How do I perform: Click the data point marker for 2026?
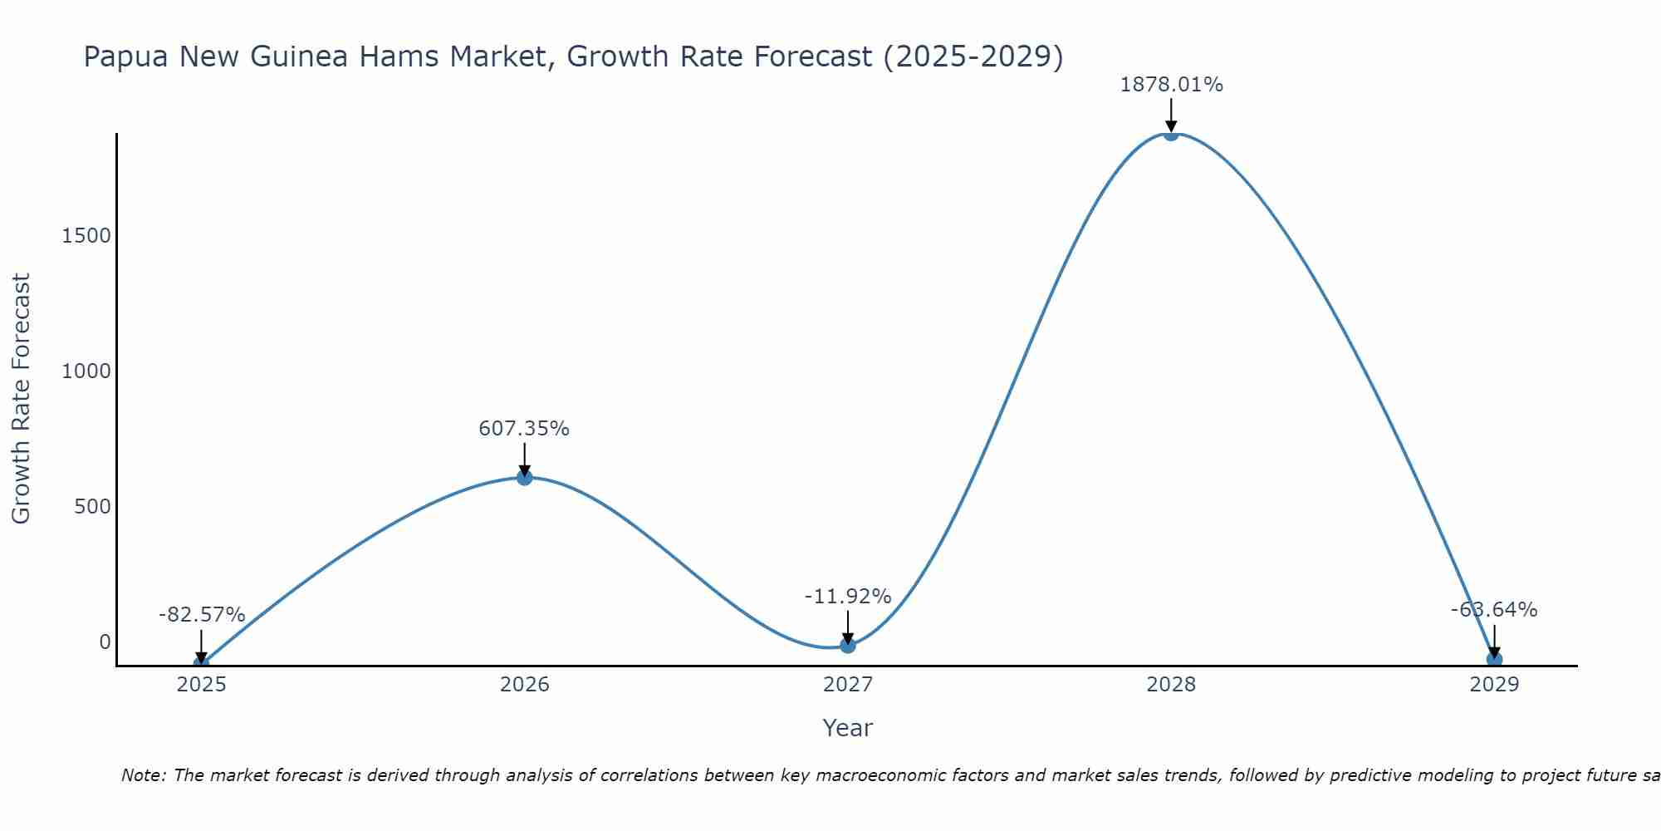524,477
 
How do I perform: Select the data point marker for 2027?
847,645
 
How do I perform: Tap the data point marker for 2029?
1494,660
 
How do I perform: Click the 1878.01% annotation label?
1171,85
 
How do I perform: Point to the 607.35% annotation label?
524,429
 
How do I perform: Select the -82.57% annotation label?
202,615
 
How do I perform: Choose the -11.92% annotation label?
847,597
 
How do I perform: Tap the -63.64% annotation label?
1494,610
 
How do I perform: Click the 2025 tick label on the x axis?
202,685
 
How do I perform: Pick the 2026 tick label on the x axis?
524,685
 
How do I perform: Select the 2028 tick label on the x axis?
1171,685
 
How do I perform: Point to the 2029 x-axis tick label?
1494,685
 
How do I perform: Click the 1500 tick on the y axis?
86,236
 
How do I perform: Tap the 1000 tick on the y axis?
86,371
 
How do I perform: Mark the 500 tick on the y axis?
92,507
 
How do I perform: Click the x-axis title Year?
847,728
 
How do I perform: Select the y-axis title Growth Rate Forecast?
21,399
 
